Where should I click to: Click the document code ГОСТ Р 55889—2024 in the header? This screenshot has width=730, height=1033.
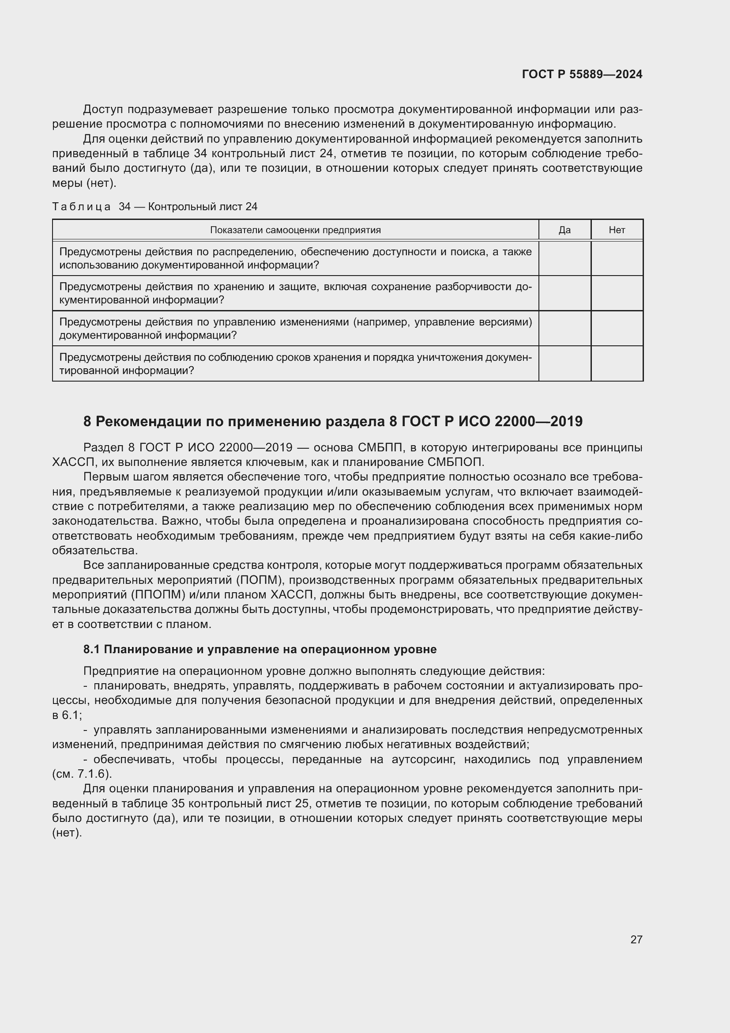tap(582, 74)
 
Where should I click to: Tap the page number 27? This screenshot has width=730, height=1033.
tap(636, 939)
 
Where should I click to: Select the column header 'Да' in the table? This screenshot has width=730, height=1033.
tap(564, 230)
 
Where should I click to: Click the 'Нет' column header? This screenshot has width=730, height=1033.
tap(617, 230)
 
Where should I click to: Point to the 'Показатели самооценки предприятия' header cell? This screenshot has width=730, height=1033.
tap(295, 230)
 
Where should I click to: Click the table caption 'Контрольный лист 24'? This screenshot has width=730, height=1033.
tap(202, 207)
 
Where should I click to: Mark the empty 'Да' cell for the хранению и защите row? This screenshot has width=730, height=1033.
tap(564, 293)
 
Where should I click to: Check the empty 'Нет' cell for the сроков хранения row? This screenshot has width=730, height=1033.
tap(617, 363)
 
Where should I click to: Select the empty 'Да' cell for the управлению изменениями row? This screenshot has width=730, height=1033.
tap(564, 328)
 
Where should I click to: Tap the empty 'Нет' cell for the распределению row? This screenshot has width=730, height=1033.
tap(617, 258)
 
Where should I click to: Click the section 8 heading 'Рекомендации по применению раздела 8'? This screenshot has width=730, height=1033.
tap(333, 421)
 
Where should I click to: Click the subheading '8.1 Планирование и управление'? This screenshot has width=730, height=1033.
tap(260, 649)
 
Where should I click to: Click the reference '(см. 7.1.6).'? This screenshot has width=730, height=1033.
tap(82, 774)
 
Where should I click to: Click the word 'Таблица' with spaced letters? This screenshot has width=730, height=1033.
tap(81, 207)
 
